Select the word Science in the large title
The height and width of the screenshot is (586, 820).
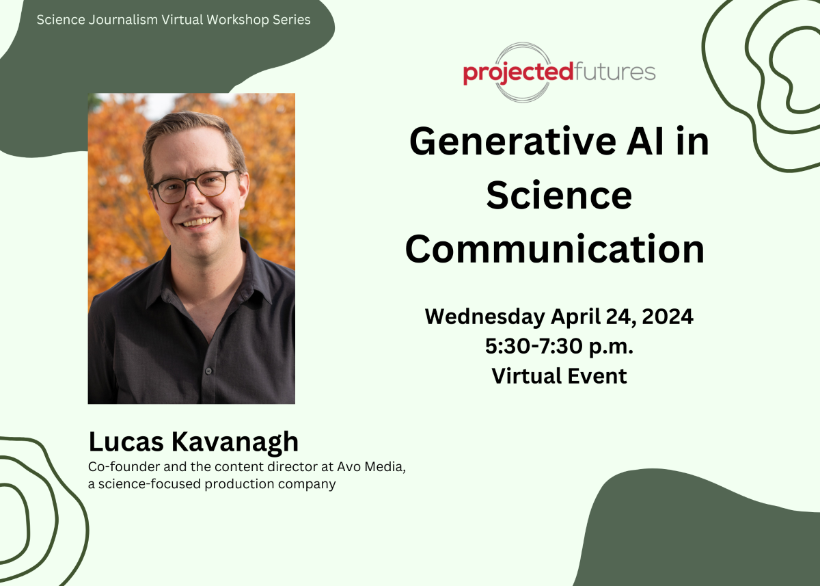pyautogui.click(x=558, y=196)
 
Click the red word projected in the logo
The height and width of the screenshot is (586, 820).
pyautogui.click(x=518, y=72)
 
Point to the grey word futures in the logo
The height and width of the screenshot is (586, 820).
pyautogui.click(x=614, y=71)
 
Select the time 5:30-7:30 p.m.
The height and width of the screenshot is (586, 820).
pyautogui.click(x=559, y=347)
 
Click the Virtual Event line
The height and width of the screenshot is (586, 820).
pyautogui.click(x=559, y=376)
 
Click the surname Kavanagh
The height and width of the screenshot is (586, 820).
pyautogui.click(x=234, y=442)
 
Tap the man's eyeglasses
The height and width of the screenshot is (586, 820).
pyautogui.click(x=193, y=185)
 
